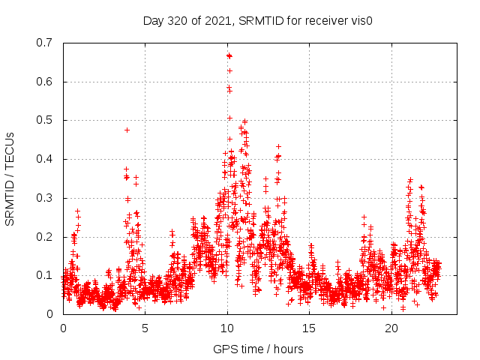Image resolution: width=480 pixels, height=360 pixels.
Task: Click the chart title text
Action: point(258,20)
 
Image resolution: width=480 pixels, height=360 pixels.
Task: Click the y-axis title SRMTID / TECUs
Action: point(10,178)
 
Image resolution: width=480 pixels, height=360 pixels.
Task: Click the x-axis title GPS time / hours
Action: point(258,349)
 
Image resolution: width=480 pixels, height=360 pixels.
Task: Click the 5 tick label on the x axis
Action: point(145,328)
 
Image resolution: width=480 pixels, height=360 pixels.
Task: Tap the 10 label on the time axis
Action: point(227,328)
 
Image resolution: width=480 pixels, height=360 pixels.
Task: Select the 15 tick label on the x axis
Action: point(310,328)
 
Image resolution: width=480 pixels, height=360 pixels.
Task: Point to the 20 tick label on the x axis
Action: point(391,328)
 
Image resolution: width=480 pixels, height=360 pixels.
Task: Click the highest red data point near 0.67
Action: point(229,55)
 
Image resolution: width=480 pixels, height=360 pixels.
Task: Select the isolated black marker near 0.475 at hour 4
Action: point(127,130)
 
